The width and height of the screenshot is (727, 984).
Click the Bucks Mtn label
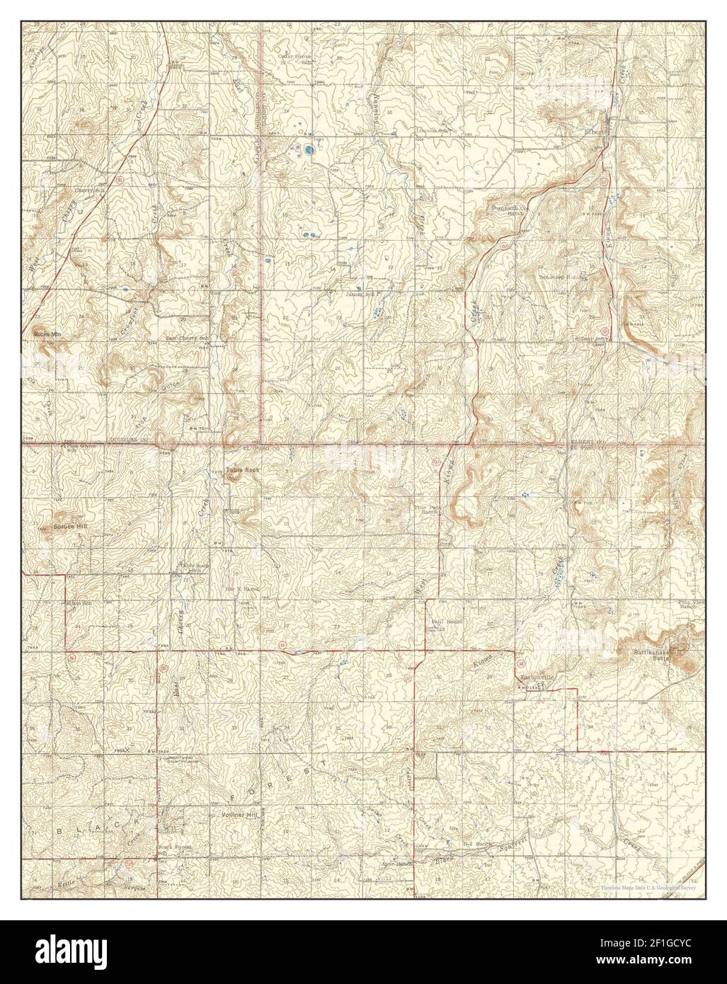45,333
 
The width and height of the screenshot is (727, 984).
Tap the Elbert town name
592,130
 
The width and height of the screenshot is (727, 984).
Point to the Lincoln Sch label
433,131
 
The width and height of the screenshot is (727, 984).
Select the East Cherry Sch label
186,338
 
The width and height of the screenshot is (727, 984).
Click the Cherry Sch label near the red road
90,190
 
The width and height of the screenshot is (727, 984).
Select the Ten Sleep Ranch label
563,278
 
